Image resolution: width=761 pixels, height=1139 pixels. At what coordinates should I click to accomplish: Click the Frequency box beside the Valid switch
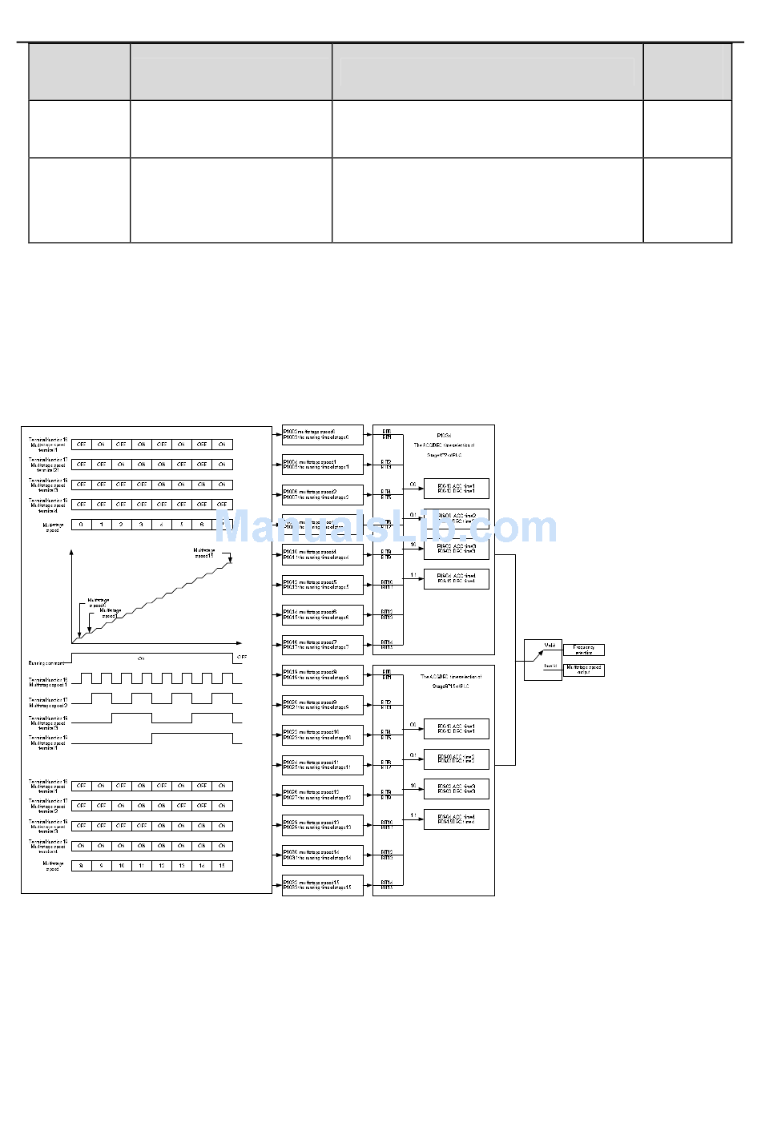point(583,650)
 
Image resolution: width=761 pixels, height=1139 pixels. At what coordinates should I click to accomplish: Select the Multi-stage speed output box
point(583,670)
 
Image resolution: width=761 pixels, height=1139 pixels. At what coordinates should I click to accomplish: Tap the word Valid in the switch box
point(550,645)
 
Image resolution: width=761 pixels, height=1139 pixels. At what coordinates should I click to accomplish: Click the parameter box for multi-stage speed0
point(322,435)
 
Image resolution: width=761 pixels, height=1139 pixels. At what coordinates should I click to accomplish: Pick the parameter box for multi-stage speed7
point(322,645)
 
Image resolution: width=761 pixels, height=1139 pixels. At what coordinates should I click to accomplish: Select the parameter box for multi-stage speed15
point(322,885)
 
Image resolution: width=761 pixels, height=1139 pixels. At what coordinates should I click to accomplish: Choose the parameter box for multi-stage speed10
point(322,735)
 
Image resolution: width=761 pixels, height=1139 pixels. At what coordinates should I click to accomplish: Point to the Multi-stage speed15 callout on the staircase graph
point(204,553)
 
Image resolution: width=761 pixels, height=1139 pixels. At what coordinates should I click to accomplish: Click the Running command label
point(46,663)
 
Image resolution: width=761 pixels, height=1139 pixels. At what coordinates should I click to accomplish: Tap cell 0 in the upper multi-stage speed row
point(81,525)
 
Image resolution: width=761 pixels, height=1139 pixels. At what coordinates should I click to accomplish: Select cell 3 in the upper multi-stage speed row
point(141,525)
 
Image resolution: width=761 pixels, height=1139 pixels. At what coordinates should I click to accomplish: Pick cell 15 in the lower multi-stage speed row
point(222,866)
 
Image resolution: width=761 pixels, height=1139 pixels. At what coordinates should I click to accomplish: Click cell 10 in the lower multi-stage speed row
point(121,866)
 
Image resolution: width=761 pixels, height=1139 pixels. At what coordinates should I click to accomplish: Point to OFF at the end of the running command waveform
point(242,657)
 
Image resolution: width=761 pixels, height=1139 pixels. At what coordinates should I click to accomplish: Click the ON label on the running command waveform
point(141,658)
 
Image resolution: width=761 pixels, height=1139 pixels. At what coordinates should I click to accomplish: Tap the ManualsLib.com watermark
point(385,527)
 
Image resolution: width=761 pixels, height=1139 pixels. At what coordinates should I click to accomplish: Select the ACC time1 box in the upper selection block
point(456,488)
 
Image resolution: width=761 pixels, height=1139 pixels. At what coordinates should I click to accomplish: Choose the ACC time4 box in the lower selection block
point(456,819)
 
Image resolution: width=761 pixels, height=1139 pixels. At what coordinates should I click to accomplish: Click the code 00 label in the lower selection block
point(413,725)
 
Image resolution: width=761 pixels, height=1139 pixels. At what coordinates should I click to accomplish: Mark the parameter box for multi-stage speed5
point(322,585)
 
